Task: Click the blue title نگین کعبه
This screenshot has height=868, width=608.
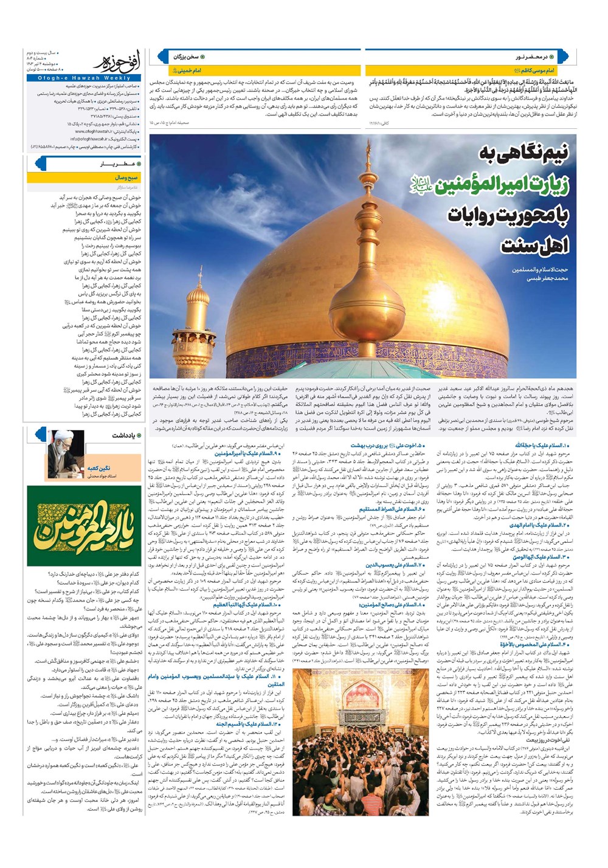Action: tap(98, 469)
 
